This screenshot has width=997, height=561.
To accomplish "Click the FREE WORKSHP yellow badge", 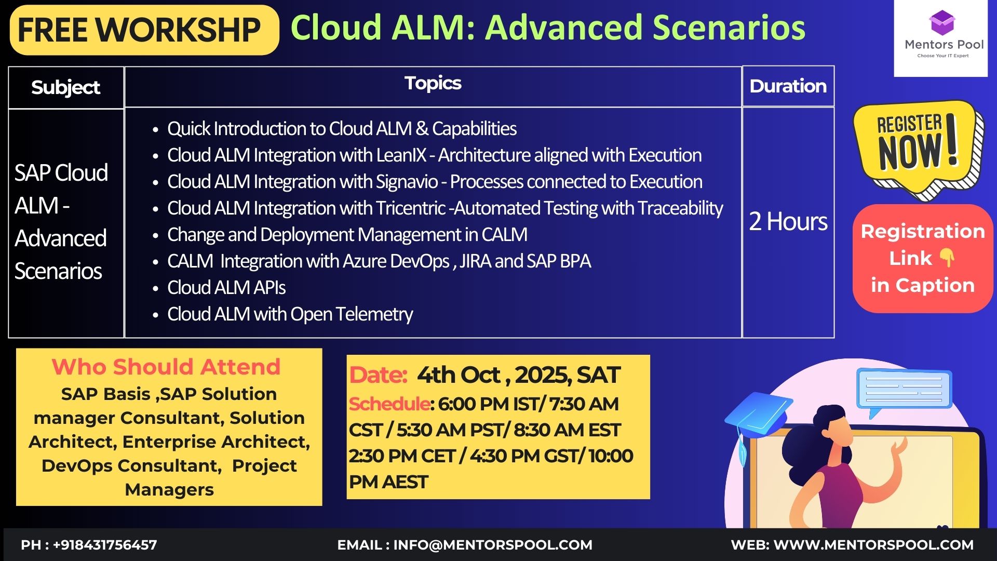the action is (x=144, y=30).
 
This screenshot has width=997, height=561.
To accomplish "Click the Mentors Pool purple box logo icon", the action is (x=942, y=22).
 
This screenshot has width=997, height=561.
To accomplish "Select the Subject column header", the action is (x=65, y=87).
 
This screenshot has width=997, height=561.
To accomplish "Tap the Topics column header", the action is (x=433, y=83).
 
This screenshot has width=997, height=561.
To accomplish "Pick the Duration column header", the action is (x=788, y=86).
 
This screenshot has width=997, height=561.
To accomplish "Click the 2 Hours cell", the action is (x=788, y=221).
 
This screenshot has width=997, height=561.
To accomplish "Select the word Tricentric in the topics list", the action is (x=411, y=208).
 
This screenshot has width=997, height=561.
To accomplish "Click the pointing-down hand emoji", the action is (x=947, y=257).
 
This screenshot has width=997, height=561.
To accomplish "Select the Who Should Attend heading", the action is (x=166, y=367).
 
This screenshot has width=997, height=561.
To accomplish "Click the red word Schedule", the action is (x=389, y=404).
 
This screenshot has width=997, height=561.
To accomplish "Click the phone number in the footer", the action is (x=105, y=545).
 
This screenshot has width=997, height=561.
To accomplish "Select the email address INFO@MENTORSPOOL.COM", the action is (x=493, y=545).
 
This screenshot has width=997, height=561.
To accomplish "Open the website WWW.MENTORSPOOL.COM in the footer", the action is (x=873, y=545).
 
